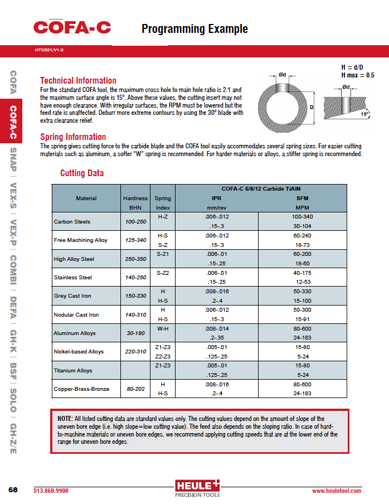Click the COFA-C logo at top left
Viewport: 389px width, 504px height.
(x=72, y=27)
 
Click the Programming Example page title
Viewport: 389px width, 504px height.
(x=194, y=29)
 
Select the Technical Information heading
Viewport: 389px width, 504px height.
(x=78, y=80)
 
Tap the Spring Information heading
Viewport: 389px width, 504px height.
(x=73, y=137)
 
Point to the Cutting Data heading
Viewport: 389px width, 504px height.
(x=82, y=173)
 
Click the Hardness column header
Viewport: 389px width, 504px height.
(x=135, y=198)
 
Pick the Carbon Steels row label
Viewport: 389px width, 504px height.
(x=72, y=221)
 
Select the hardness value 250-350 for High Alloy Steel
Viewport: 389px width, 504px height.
(x=135, y=259)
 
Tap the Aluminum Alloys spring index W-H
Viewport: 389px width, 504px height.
(x=163, y=328)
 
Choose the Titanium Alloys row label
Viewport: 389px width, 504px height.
(x=73, y=370)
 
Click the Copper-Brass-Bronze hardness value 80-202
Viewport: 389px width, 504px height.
(x=135, y=389)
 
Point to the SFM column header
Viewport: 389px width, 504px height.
(x=302, y=198)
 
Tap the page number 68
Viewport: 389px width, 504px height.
(x=13, y=490)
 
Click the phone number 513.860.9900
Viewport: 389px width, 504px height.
(x=51, y=491)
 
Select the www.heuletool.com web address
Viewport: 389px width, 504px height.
(x=336, y=491)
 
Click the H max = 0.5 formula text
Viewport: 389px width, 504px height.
(x=357, y=75)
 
